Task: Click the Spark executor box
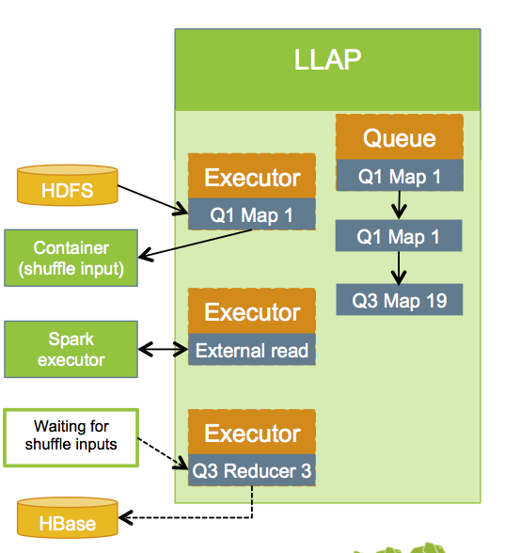coord(71,348)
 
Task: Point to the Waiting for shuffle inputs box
coord(71,436)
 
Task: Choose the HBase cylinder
coord(69,519)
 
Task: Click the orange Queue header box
coord(399,138)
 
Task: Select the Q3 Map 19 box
coord(399,300)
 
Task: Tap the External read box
coord(251,351)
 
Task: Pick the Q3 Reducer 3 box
coord(251,471)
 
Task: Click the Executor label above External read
coord(251,312)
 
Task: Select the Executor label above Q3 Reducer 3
coord(251,434)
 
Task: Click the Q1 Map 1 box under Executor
coord(251,214)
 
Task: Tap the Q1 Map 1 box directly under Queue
coord(399,176)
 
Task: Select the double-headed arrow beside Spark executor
coord(163,350)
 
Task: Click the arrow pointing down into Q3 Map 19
coord(399,267)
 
